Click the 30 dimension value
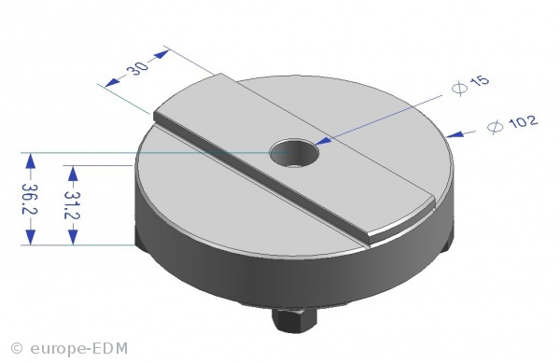click(x=137, y=68)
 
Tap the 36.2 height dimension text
click(x=29, y=199)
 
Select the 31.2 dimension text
click(x=72, y=205)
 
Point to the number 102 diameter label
click(x=523, y=121)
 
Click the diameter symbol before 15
click(x=459, y=88)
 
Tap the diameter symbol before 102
click(x=496, y=127)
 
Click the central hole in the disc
click(x=294, y=153)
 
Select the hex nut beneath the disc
click(x=294, y=320)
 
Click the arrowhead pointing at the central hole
click(x=323, y=141)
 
